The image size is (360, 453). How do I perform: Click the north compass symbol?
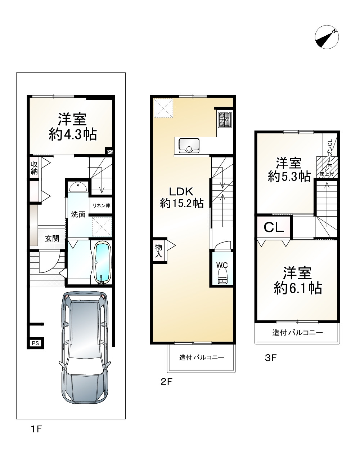click(327, 37)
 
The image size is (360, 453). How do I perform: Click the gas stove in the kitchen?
click(225, 120)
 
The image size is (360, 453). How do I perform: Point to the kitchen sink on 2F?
click(189, 145)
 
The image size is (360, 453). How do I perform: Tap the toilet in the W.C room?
click(222, 277)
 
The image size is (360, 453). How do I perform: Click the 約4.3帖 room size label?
click(73, 135)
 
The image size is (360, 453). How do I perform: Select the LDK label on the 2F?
click(181, 192)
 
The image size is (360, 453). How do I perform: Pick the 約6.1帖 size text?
click(298, 288)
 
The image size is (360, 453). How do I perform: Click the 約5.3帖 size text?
click(289, 176)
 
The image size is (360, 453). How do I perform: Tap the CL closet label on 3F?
click(274, 227)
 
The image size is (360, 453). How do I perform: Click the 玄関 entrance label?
click(52, 239)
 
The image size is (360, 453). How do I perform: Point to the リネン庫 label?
click(102, 205)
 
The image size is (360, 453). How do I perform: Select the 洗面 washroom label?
click(78, 214)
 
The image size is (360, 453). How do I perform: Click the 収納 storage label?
click(34, 168)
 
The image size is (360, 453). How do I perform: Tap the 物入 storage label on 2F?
click(159, 250)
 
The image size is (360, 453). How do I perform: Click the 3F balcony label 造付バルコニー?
click(297, 332)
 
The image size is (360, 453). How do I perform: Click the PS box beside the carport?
click(35, 343)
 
